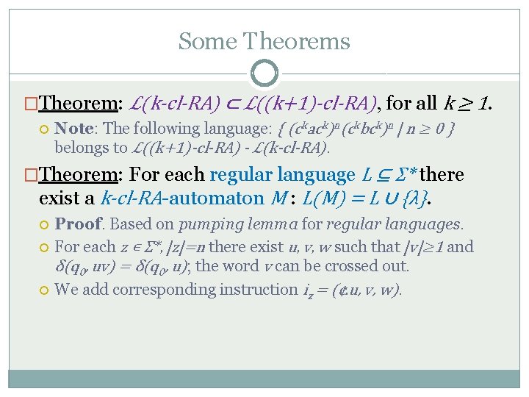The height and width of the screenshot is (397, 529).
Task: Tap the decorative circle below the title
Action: [x=264, y=74]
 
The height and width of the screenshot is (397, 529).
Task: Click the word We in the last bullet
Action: [x=66, y=289]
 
